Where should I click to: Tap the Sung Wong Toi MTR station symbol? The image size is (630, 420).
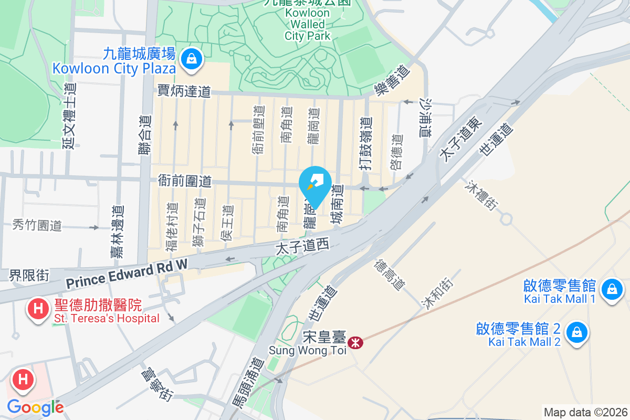[x=355, y=343]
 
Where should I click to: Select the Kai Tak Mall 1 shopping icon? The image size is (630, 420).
[x=612, y=289]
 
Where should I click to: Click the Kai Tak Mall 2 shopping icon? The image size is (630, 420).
[x=577, y=332]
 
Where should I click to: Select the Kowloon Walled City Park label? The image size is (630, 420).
[x=308, y=24]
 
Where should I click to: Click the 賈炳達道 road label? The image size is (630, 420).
[x=184, y=92]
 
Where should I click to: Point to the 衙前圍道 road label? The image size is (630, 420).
[x=185, y=181]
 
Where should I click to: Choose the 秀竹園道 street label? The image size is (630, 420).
[x=37, y=226]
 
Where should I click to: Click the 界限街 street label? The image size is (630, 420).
[x=29, y=275]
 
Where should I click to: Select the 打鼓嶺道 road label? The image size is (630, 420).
[x=366, y=143]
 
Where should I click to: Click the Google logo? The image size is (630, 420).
[x=35, y=407]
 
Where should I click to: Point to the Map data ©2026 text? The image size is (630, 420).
[x=585, y=412]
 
